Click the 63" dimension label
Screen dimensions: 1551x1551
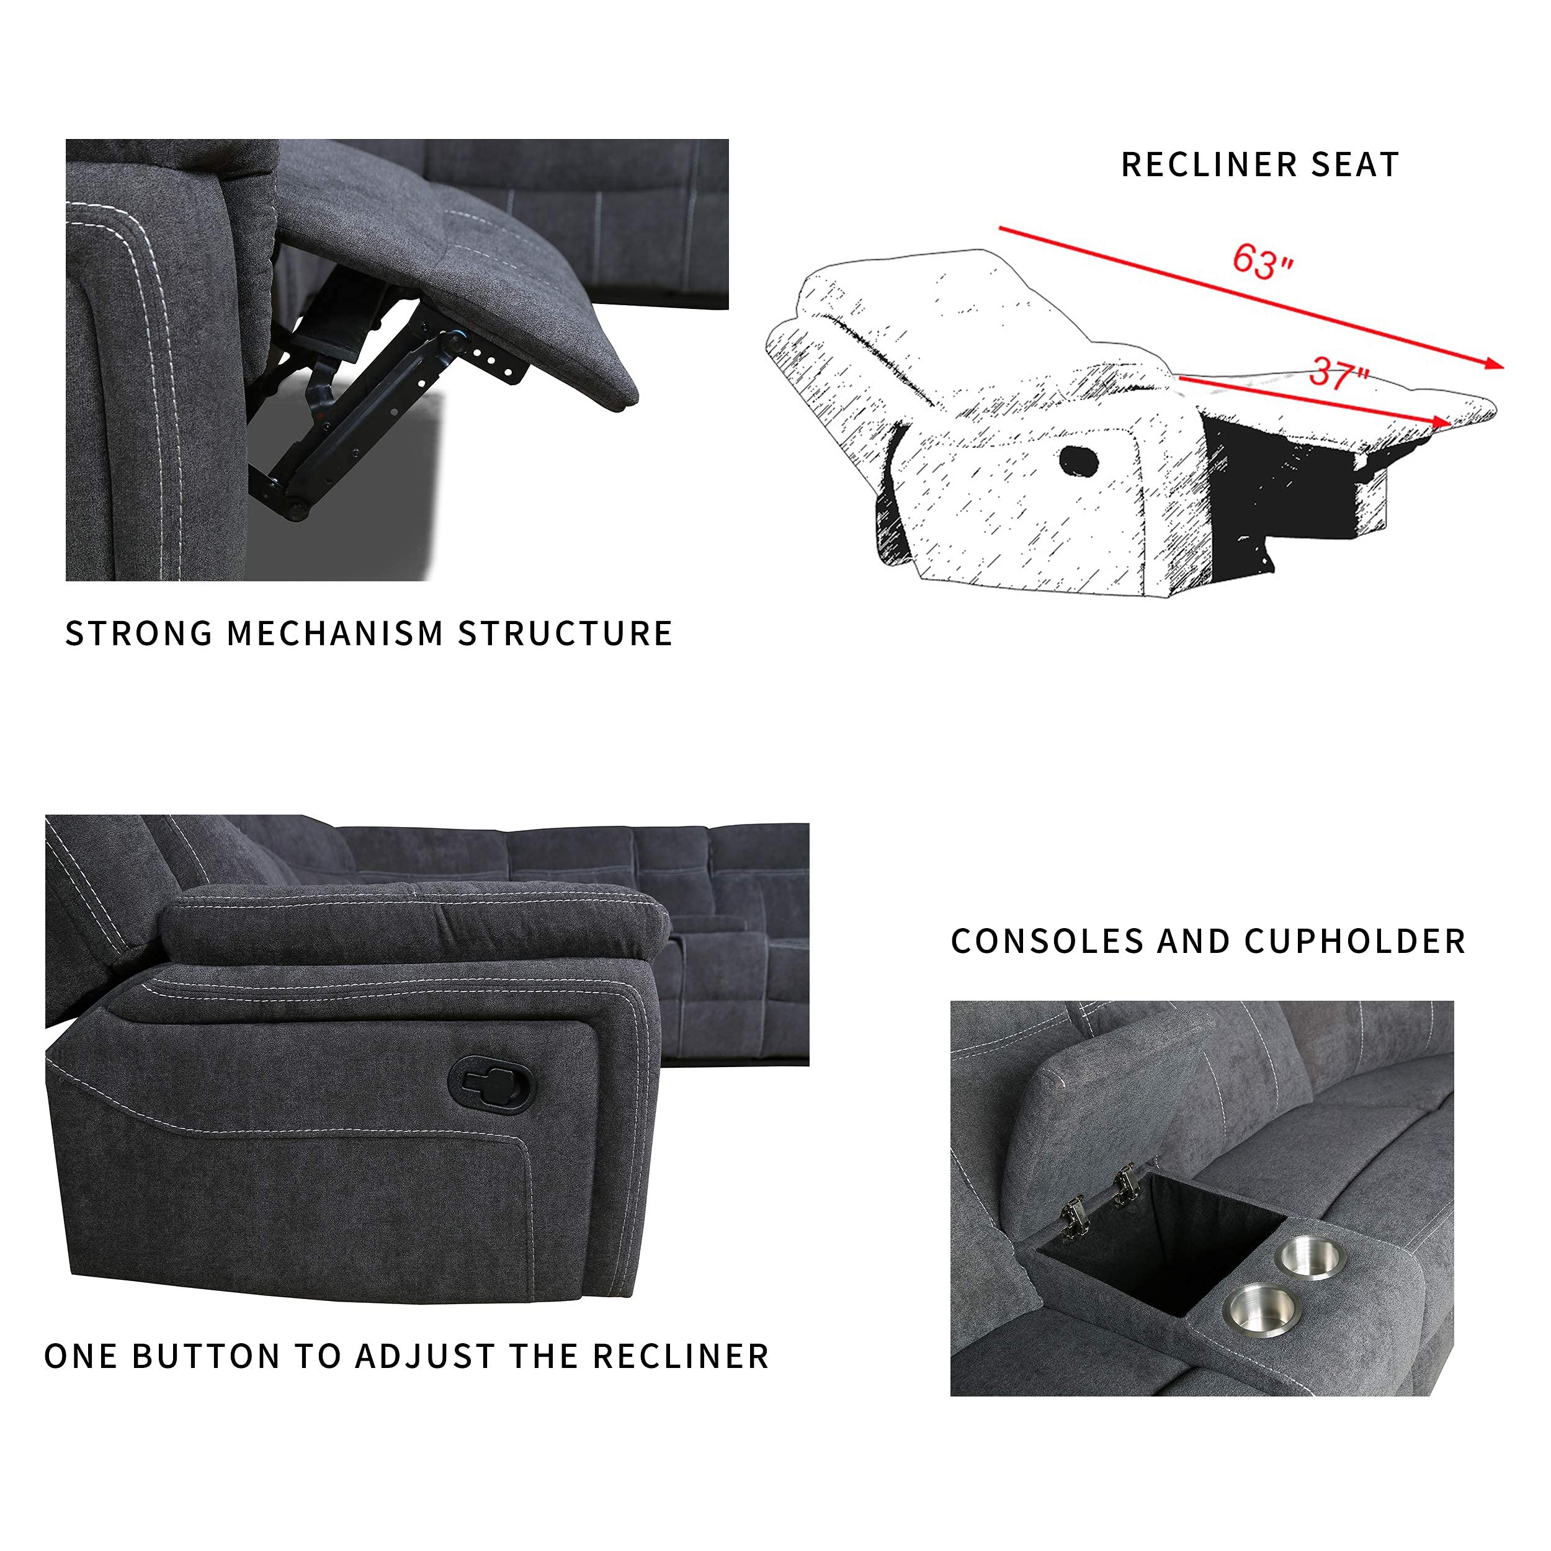(1262, 261)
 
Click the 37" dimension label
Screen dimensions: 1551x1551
(1339, 373)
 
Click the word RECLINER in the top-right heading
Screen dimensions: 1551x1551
(1210, 164)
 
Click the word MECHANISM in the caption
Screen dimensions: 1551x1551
(335, 633)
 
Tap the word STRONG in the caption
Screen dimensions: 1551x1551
(138, 633)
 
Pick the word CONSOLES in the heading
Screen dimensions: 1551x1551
(1045, 941)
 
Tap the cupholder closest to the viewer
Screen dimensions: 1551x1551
(1261, 1310)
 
